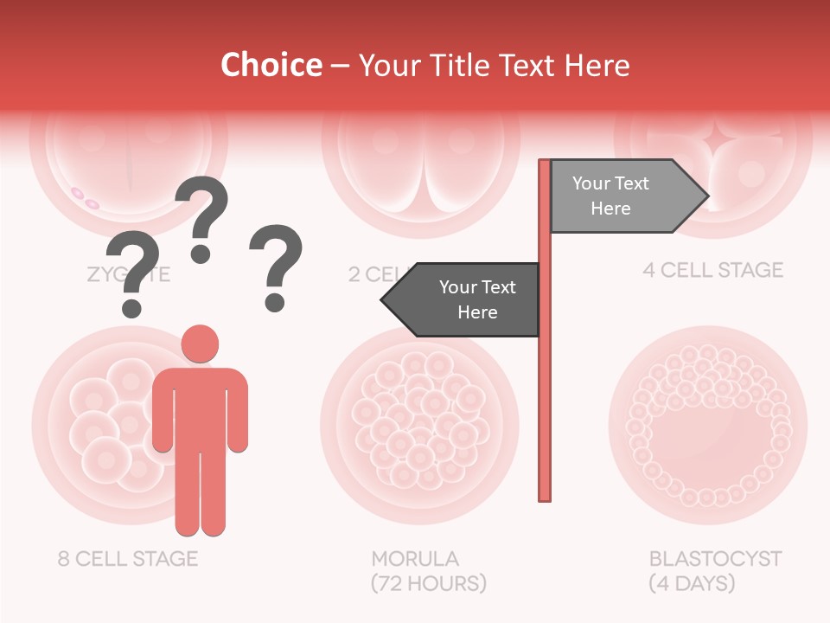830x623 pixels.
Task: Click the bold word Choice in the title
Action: click(x=271, y=65)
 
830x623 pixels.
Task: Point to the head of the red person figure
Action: click(x=200, y=344)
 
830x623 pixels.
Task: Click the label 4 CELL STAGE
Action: click(x=712, y=270)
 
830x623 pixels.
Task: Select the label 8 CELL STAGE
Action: click(x=128, y=558)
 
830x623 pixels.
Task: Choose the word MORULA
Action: click(x=415, y=558)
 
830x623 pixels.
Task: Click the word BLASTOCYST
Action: click(x=715, y=558)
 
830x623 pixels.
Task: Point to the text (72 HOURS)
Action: click(x=428, y=583)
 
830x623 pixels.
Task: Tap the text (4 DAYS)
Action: click(x=692, y=583)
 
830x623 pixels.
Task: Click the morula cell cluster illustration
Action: click(x=419, y=420)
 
